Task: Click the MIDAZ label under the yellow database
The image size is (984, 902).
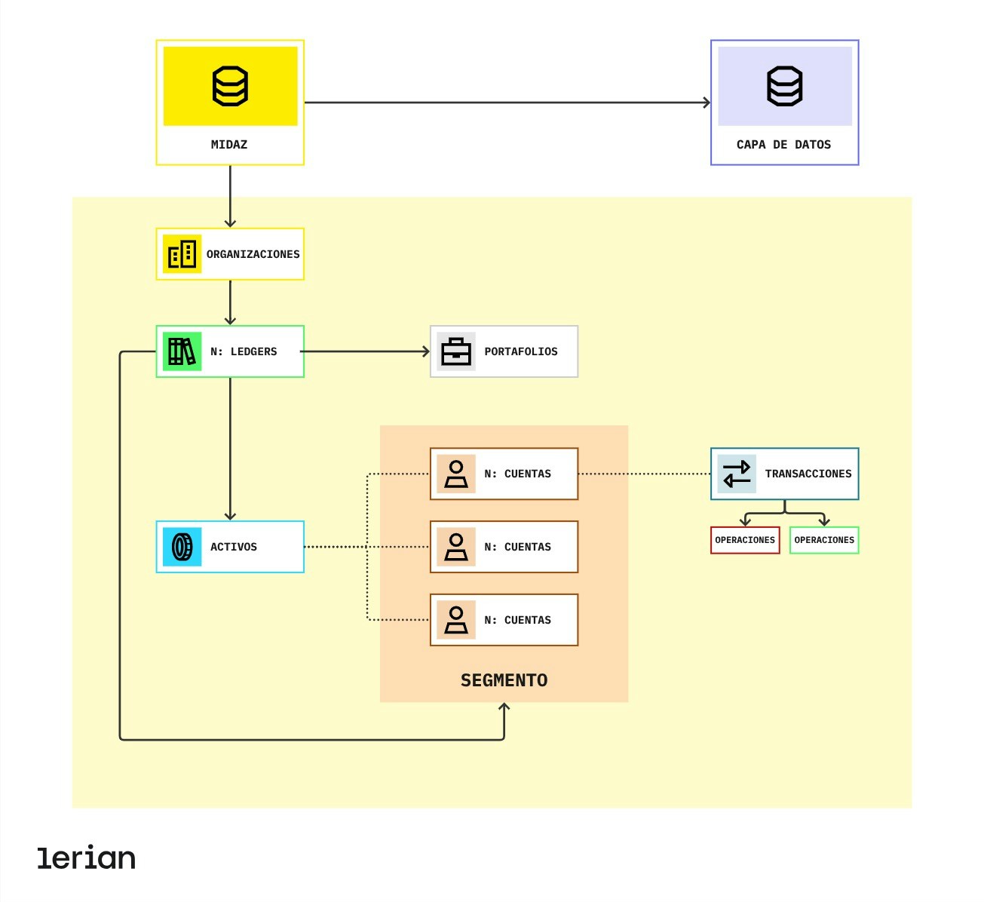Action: [229, 144]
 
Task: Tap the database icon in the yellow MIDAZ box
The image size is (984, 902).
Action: [230, 86]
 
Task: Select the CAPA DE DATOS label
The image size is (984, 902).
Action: [783, 144]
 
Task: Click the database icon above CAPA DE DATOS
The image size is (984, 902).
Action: [784, 86]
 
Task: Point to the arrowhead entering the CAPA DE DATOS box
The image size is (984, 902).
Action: [707, 103]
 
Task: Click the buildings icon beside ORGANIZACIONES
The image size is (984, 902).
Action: [182, 254]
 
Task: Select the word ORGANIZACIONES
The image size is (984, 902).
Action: [253, 254]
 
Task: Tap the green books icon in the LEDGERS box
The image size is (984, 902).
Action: [182, 351]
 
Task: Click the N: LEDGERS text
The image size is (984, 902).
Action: [244, 351]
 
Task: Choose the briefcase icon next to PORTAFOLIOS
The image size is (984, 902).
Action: [456, 351]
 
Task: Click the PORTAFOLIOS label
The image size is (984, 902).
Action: [521, 351]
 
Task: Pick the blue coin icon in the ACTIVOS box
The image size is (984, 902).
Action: [182, 547]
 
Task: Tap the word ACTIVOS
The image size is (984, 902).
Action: [233, 547]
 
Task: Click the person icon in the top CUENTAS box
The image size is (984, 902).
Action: [456, 474]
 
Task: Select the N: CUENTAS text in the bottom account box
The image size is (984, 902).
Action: [517, 620]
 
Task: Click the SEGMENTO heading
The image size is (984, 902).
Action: [504, 680]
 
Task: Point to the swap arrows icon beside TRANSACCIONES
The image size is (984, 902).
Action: [737, 474]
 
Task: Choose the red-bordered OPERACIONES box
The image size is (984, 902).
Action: [745, 540]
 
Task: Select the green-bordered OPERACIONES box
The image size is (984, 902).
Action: [824, 540]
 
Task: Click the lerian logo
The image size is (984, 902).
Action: [87, 858]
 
